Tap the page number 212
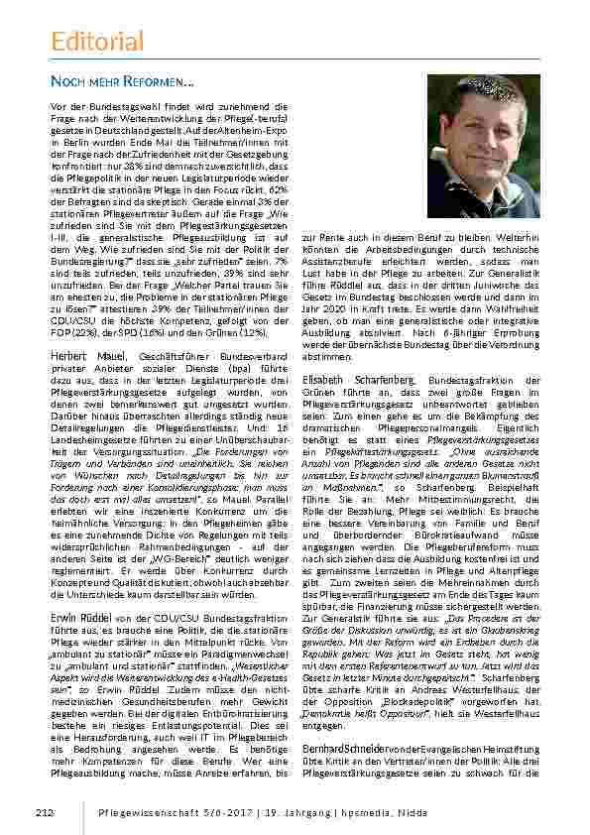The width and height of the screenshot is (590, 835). pos(43,813)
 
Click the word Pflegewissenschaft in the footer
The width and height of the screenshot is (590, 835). pos(142,813)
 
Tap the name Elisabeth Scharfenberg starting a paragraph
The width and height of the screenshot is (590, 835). pos(358,380)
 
